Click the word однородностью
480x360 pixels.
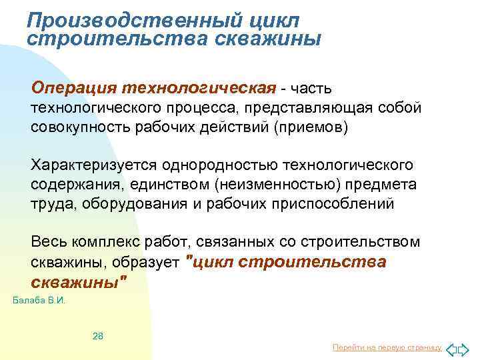217,164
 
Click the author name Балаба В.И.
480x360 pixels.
39,301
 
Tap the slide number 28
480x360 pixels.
97,335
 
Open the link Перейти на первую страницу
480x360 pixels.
387,348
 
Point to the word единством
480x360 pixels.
159,183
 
